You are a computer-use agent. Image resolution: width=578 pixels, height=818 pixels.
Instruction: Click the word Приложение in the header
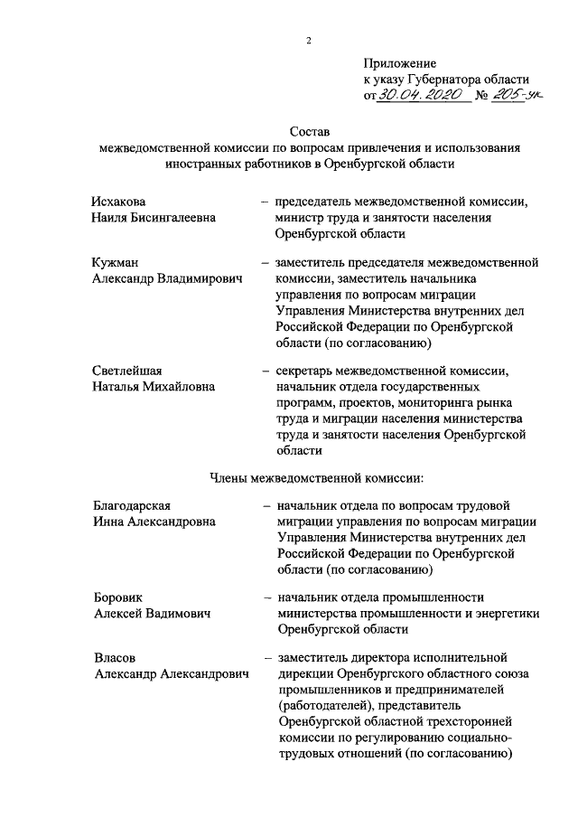(401, 64)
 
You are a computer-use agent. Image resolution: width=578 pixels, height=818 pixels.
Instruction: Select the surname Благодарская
(132, 504)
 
